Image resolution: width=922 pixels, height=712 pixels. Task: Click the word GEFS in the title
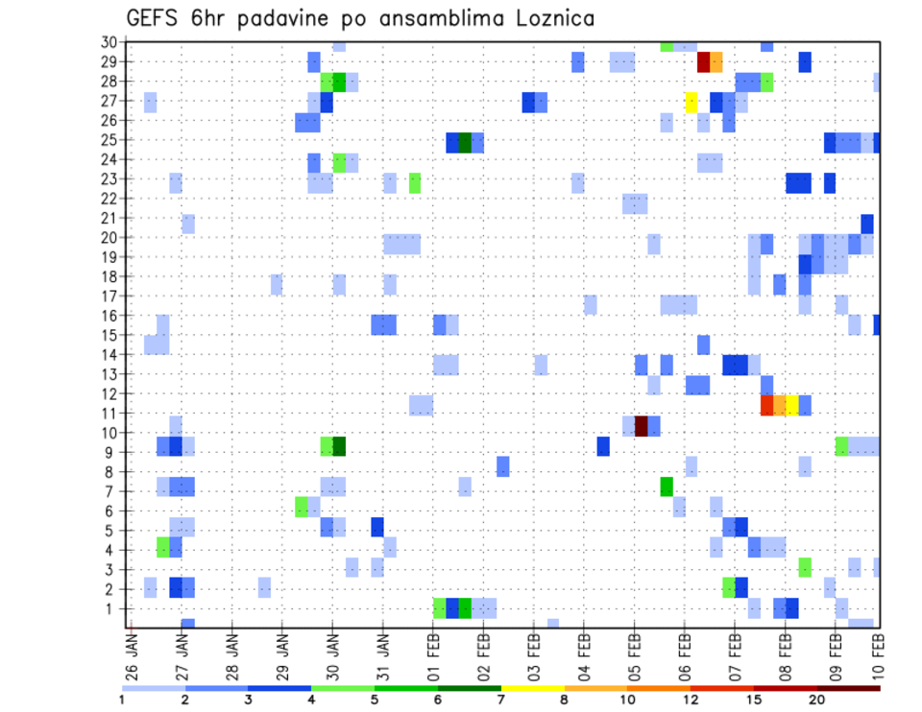(x=153, y=18)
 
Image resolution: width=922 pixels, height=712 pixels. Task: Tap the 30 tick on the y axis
(x=109, y=42)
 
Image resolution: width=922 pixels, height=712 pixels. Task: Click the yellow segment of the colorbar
(x=533, y=688)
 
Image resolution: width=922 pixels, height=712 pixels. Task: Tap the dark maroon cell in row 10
(x=642, y=426)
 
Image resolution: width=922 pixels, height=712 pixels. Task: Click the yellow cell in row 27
(x=691, y=102)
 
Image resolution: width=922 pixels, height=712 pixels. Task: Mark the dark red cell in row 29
(x=703, y=62)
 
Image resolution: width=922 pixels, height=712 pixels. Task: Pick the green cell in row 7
(x=667, y=487)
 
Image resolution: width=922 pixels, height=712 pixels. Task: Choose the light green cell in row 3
(x=805, y=567)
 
